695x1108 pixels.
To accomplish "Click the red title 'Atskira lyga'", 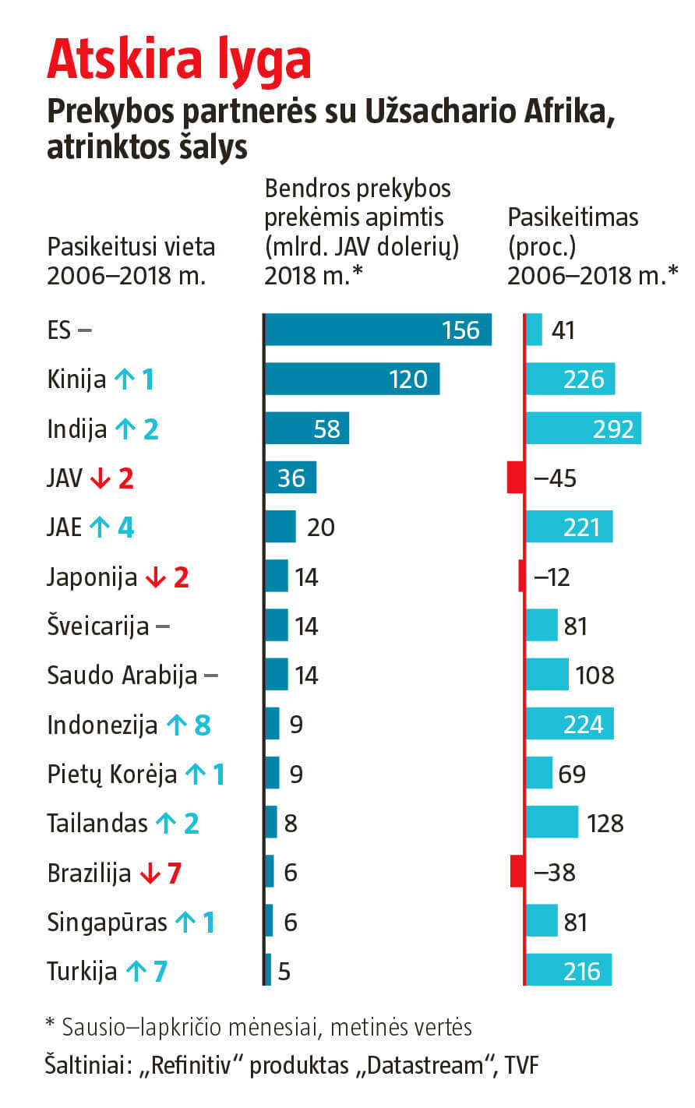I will point(178,60).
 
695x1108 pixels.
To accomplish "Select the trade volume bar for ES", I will point(378,330).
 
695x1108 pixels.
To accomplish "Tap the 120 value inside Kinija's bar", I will point(408,379).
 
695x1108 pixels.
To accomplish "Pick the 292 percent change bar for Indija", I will point(583,429).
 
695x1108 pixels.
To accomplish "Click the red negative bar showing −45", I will point(515,478).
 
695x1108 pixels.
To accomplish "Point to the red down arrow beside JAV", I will point(101,478).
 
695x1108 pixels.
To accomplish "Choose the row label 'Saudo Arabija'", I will point(122,675).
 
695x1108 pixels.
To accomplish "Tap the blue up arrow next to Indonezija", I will point(177,725).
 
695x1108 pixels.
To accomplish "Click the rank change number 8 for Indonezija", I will point(203,725).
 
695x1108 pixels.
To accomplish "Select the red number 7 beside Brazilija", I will point(175,873).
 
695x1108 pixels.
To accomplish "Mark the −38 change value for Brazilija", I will point(555,872).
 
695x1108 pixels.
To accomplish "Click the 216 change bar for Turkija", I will point(569,971).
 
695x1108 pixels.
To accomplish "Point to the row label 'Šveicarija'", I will point(97,626).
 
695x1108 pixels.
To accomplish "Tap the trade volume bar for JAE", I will point(280,527).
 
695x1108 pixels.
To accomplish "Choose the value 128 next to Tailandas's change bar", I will point(605,823).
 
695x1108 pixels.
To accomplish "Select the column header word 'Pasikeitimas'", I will point(573,217).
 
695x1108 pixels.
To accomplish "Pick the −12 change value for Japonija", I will point(552,577).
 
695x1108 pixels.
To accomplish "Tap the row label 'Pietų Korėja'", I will point(111,774).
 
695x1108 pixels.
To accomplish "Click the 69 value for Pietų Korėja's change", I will point(572,774).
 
